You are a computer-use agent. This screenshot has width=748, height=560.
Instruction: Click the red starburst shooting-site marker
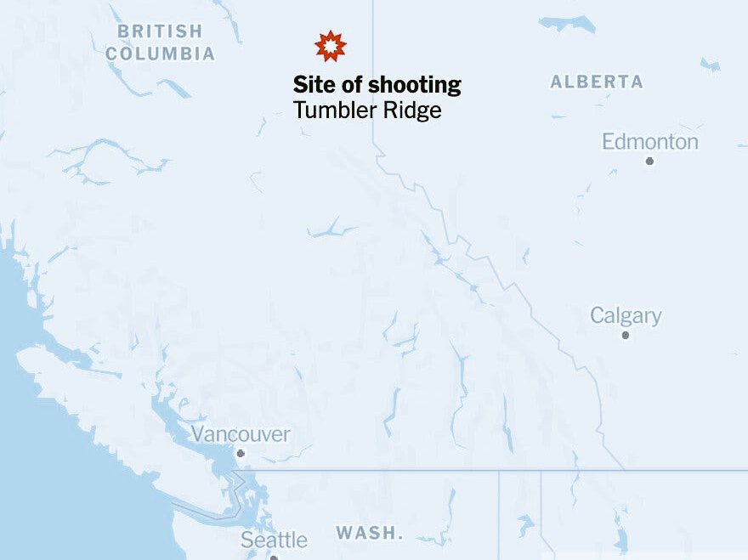click(x=331, y=46)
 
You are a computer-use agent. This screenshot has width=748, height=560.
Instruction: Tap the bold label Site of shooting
click(x=377, y=85)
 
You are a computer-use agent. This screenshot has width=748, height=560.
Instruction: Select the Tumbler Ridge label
click(x=367, y=110)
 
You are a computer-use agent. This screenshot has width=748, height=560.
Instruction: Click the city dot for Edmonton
click(x=649, y=161)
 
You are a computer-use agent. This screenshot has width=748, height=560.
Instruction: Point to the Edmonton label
click(x=650, y=142)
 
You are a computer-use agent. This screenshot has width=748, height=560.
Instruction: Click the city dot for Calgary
click(x=626, y=335)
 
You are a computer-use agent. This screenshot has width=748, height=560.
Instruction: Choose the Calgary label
click(x=626, y=316)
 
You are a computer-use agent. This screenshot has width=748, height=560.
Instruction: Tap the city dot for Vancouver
click(x=241, y=454)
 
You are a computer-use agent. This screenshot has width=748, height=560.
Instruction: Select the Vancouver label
click(x=241, y=434)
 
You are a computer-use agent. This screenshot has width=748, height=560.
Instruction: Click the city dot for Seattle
click(x=274, y=557)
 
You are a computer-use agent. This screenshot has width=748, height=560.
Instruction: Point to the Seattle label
click(x=274, y=540)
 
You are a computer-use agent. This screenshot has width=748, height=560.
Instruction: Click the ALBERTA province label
click(x=597, y=82)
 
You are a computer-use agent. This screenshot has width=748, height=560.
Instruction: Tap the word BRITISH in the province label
click(x=161, y=31)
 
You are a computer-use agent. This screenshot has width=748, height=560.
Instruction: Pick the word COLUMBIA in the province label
click(x=161, y=54)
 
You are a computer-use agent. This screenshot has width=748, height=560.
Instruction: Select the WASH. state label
click(x=369, y=534)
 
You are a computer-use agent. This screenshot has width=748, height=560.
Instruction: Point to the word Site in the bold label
click(x=310, y=85)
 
